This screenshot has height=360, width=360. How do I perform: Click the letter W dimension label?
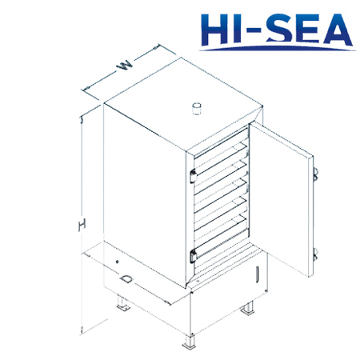(125, 66)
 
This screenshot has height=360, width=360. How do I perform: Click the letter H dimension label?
(82, 226)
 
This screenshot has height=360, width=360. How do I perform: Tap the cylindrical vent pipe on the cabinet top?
(197, 109)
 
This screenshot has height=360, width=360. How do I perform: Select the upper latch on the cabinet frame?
(193, 176)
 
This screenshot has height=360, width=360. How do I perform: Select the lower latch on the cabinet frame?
(193, 257)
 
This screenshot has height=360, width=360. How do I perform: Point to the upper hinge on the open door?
(315, 174)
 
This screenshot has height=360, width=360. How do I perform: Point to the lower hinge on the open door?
(315, 254)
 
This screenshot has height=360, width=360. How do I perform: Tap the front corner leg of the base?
(190, 342)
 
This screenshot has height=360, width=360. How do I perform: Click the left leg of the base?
(123, 304)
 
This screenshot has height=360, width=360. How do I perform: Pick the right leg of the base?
(248, 308)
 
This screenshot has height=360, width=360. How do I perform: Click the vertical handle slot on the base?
(258, 274)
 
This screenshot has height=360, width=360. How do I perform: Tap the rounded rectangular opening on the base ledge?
(126, 279)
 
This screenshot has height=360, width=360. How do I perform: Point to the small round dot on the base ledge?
(117, 262)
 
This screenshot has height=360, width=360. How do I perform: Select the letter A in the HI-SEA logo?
(337, 30)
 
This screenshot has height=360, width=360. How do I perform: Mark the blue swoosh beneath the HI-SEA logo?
(278, 49)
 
